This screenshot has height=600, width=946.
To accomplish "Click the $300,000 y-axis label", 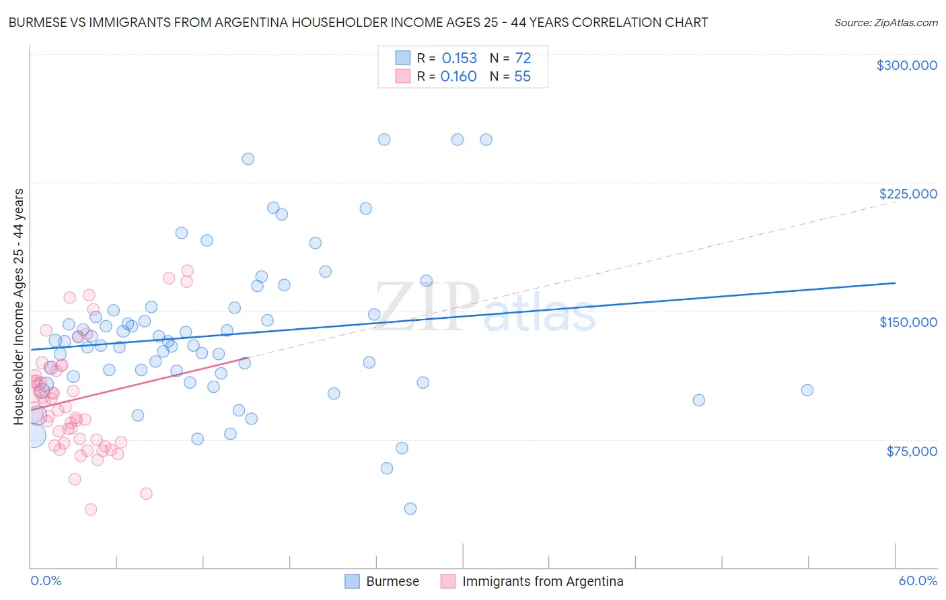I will [906, 65].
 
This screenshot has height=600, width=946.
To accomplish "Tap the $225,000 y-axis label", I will [908, 194].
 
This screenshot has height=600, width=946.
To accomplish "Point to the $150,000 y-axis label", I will [908, 322].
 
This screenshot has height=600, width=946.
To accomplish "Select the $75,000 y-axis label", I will [912, 451].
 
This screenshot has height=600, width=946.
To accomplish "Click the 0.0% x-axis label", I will [46, 581].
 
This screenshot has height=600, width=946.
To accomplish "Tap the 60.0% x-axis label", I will [918, 581].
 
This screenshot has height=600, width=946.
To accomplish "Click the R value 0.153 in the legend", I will [459, 59].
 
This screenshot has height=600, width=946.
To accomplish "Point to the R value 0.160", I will [458, 77].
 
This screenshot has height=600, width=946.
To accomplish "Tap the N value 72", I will [523, 59].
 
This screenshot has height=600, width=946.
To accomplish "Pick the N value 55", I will [522, 77].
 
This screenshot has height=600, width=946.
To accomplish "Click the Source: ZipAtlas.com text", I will [885, 23].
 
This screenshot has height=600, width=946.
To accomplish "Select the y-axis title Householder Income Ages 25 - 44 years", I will [19, 307].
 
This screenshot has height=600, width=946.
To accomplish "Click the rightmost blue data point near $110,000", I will [807, 390].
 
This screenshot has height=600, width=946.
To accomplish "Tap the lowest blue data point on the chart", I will [410, 509].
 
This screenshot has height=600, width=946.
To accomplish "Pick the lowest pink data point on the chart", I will [91, 509].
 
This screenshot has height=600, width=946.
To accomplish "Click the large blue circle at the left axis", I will [33, 435].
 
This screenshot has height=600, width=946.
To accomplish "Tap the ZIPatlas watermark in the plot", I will [484, 307].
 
